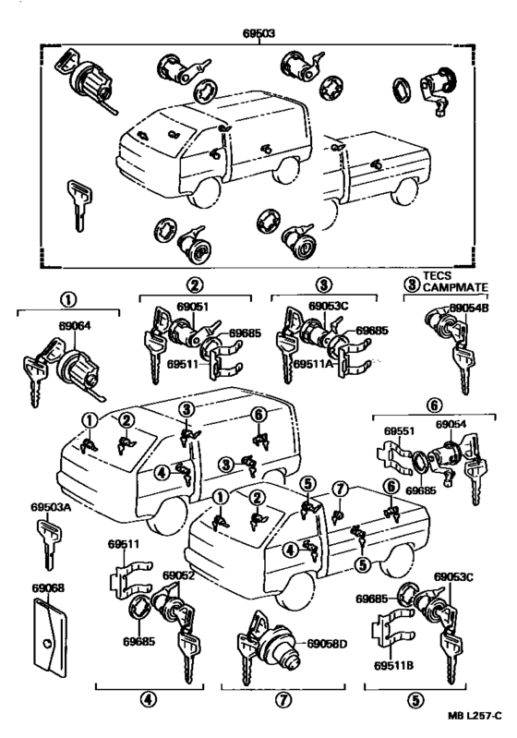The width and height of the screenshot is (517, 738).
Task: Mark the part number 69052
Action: pos(178,575)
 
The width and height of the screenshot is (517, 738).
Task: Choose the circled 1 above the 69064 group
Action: pos(66,298)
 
